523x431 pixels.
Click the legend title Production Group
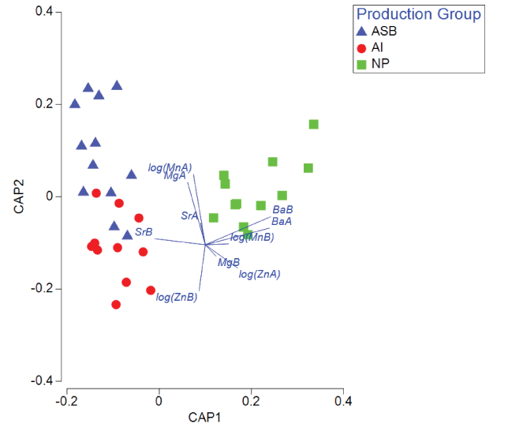[x=418, y=14]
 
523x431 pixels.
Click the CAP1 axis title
[x=204, y=417]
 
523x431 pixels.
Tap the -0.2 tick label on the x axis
[x=66, y=401]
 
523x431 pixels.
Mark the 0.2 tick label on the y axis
[x=43, y=104]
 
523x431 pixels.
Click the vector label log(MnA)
[x=170, y=167]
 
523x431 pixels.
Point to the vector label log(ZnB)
[x=177, y=298]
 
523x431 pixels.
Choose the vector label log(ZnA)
[x=260, y=274]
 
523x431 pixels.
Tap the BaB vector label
[x=282, y=210]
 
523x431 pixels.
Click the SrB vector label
[x=144, y=232]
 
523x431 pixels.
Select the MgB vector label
[x=229, y=262]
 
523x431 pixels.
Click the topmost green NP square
[x=313, y=124]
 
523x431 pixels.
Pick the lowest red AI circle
[x=116, y=305]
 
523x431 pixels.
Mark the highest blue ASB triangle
[x=117, y=85]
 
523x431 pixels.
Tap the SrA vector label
[x=189, y=215]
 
